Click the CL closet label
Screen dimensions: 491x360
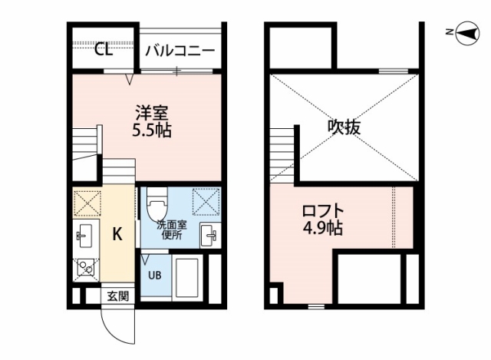[x=104, y=50]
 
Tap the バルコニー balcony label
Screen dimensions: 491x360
[x=180, y=51]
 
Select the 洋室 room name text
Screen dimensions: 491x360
[x=152, y=113]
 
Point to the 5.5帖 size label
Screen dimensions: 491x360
[x=152, y=130]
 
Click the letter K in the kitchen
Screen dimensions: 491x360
[x=117, y=234]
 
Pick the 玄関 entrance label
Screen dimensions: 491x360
[x=118, y=296]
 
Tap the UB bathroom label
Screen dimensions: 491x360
[x=155, y=276]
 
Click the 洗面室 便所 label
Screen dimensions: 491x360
[x=172, y=230]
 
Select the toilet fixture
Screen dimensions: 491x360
[x=157, y=205]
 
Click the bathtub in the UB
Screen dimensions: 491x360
[x=187, y=278]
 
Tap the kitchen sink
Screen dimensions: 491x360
[x=84, y=236]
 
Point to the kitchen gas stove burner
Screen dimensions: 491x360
[x=86, y=268]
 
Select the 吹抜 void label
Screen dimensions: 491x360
[x=344, y=127]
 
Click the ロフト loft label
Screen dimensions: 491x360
[x=323, y=211]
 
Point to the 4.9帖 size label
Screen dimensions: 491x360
[x=323, y=228]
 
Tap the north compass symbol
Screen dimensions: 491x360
[x=467, y=33]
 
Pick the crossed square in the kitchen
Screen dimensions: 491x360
[x=87, y=203]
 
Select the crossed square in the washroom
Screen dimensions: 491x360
[x=206, y=201]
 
